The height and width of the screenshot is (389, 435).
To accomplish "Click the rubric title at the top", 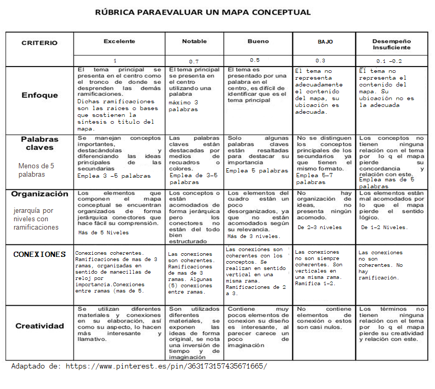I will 203,12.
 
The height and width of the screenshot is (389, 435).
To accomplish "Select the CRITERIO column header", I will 39,43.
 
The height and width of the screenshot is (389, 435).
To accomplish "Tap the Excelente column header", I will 119,41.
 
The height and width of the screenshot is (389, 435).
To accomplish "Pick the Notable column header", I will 194,41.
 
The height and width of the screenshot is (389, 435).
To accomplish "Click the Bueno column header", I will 258,41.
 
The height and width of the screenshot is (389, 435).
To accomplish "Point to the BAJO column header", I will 325,41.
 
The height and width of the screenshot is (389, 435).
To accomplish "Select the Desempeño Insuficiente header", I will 391,44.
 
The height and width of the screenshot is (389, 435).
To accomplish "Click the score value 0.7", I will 194,61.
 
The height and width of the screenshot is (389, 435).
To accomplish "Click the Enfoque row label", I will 40,95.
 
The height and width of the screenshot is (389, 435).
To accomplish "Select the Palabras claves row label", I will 40,143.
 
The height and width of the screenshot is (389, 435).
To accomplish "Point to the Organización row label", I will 40,194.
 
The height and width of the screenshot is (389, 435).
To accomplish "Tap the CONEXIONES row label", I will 40,254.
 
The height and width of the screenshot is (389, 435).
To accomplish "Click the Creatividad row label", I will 40,326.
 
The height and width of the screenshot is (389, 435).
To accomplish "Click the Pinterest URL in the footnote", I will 166,366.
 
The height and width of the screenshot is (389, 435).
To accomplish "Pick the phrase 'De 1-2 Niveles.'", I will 384,228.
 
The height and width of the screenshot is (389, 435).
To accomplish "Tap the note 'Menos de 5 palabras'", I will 36,170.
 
